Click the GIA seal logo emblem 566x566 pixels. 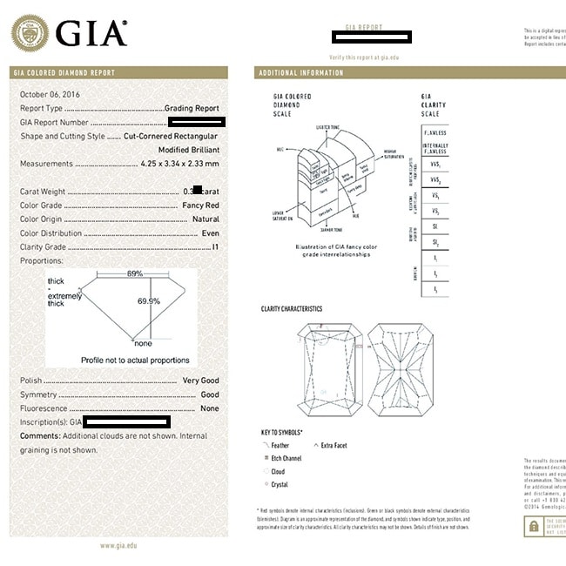point(30,33)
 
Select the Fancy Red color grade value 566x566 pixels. point(200,206)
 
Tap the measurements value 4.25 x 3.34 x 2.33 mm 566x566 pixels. point(175,164)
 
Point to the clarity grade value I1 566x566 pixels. point(215,247)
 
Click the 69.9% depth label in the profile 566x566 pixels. point(149,301)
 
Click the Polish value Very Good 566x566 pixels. point(200,381)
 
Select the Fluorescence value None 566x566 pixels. point(209,408)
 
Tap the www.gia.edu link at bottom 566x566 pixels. point(119,546)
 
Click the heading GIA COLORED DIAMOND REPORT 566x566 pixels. point(64,73)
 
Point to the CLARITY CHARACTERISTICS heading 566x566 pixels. point(291,309)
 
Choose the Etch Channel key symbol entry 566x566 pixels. point(286,458)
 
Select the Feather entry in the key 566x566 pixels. point(280,446)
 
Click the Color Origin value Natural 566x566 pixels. point(206,219)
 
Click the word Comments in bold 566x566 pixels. point(39,435)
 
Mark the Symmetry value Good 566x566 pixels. point(209,394)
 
